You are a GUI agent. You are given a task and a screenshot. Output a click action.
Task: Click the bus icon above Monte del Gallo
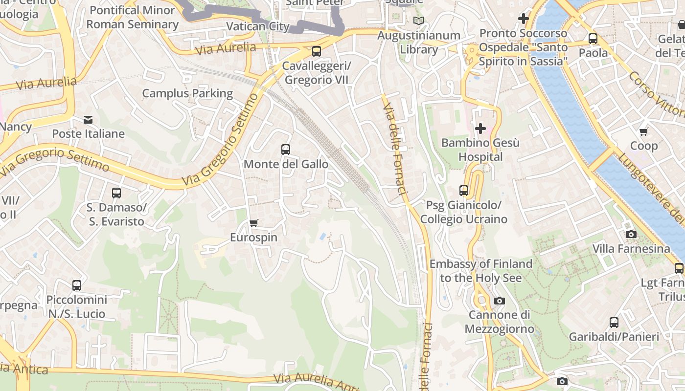click(286, 150)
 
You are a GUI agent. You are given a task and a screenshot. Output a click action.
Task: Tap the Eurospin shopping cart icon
click(253, 223)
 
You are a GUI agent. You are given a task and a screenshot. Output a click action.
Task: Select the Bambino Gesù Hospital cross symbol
click(480, 129)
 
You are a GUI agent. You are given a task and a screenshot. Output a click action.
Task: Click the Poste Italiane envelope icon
click(88, 120)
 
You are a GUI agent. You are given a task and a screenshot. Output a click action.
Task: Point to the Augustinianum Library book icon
click(419, 21)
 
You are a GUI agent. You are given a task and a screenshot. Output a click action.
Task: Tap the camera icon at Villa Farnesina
click(631, 235)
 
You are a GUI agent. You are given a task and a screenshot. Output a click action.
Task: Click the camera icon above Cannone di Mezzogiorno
click(499, 301)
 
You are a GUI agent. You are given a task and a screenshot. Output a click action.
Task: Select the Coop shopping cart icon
click(644, 131)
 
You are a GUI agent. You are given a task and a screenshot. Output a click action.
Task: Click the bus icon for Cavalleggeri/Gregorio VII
click(317, 51)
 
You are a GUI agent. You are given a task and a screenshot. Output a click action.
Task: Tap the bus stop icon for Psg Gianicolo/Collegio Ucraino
click(464, 191)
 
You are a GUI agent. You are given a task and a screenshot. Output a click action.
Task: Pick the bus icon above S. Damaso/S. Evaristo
click(116, 193)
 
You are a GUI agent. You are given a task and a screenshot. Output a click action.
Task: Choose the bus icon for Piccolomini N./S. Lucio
click(77, 285)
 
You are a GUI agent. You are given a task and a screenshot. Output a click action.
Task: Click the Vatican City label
click(258, 26)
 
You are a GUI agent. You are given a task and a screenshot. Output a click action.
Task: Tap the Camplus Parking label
click(187, 93)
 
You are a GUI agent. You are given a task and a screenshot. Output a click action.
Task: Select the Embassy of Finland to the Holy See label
click(481, 271)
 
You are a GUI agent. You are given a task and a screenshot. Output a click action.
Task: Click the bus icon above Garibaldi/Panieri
click(614, 323)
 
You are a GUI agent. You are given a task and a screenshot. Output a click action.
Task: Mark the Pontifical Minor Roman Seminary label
click(132, 17)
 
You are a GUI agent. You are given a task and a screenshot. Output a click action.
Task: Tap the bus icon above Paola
click(593, 39)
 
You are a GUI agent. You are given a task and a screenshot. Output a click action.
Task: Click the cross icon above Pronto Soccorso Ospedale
click(524, 19)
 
